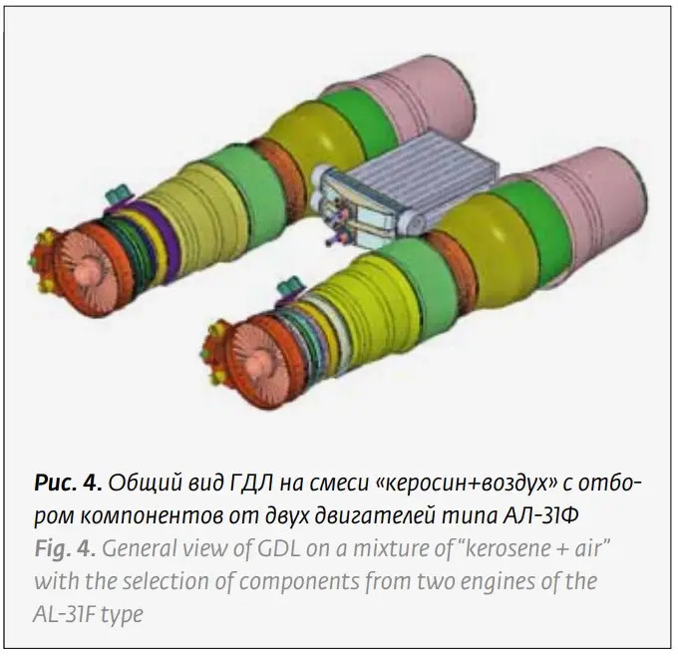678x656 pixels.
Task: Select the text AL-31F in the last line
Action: point(71,612)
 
